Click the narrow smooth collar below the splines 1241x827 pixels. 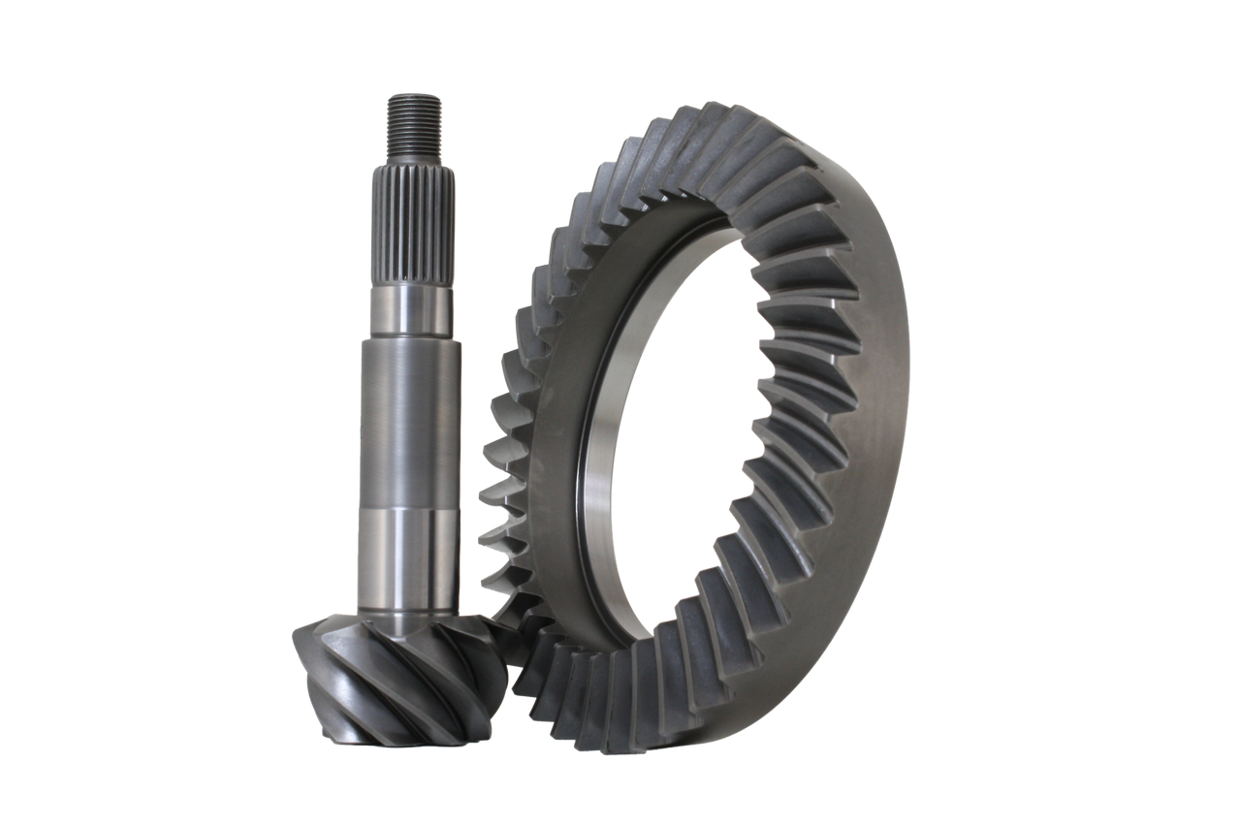pyautogui.click(x=410, y=310)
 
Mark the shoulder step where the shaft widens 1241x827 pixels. pyautogui.click(x=410, y=337)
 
